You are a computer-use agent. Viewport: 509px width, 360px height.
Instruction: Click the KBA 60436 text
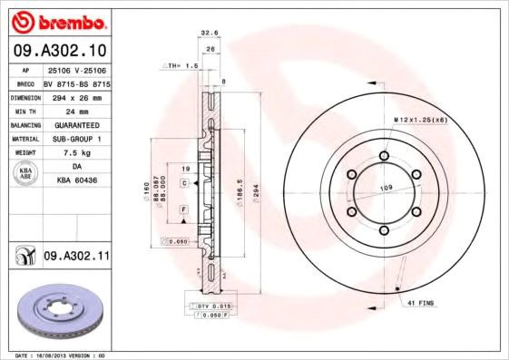tap(77, 181)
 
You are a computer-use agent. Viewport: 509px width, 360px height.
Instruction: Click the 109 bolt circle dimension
tap(385, 188)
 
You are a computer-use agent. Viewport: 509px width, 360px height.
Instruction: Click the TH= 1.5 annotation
tap(179, 66)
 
